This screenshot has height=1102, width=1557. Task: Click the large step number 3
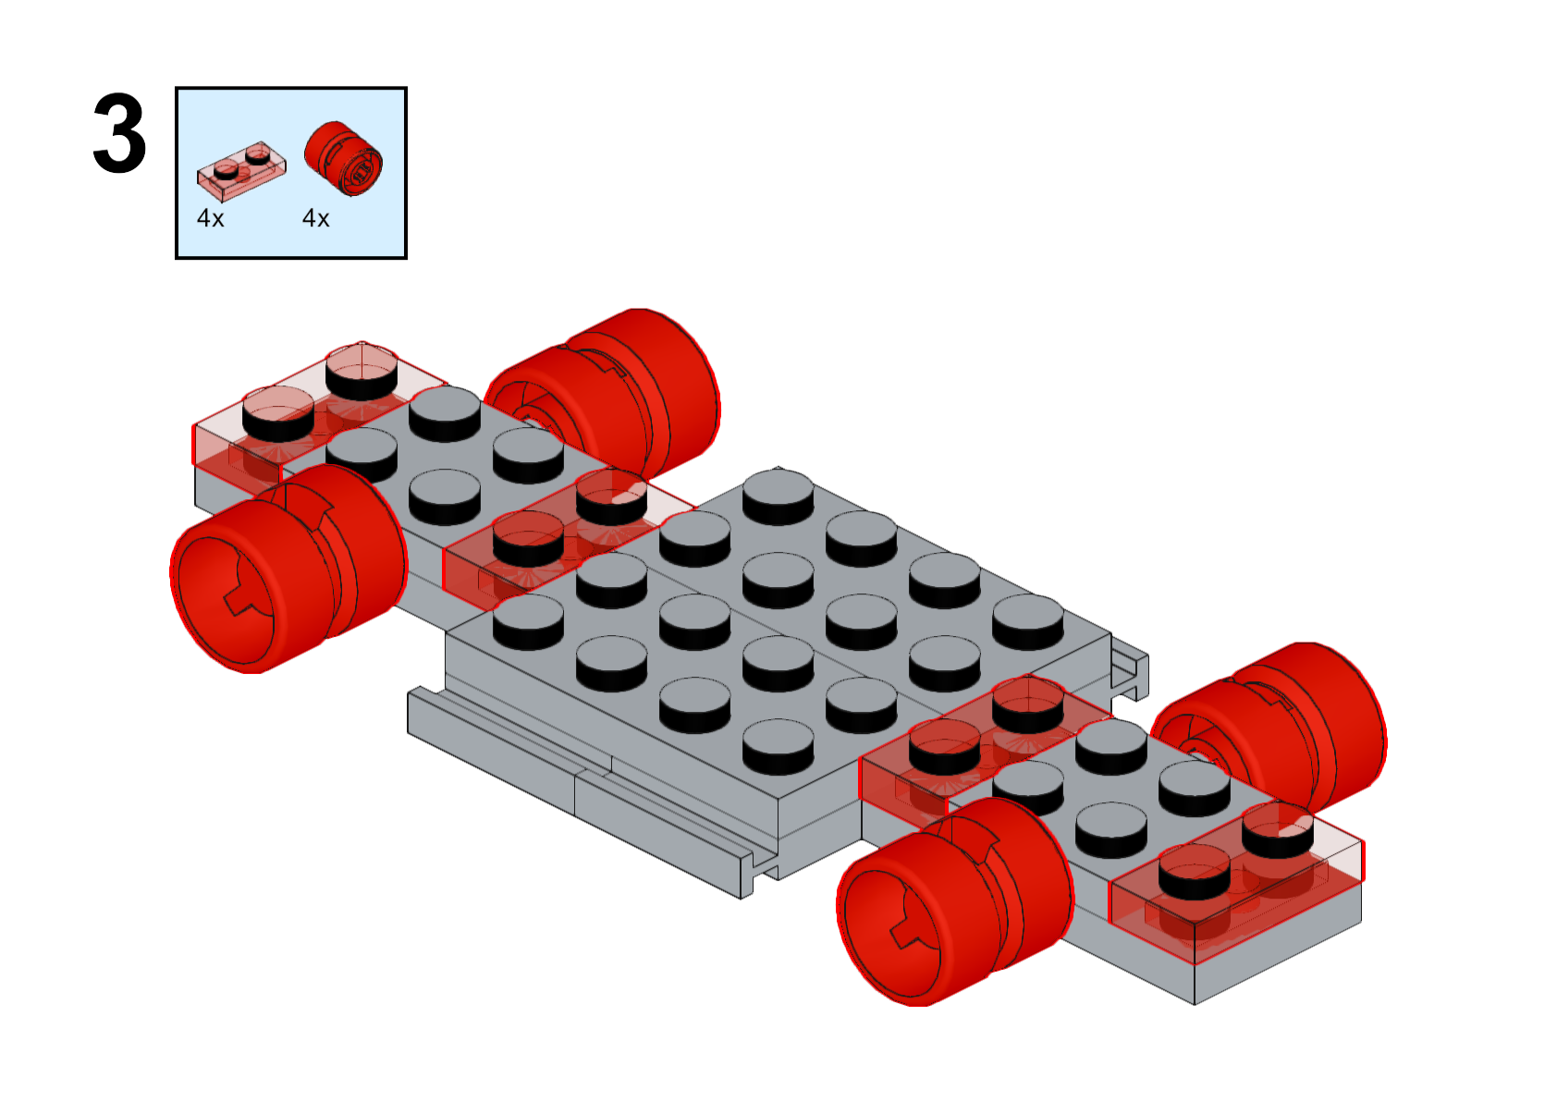pyautogui.click(x=119, y=133)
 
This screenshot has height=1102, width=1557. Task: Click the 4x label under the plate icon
pyautogui.click(x=211, y=218)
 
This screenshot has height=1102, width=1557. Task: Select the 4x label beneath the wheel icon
pyautogui.click(x=315, y=218)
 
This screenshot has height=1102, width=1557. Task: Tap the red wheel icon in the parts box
pyautogui.click(x=343, y=158)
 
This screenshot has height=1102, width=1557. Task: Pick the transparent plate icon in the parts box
pyautogui.click(x=241, y=171)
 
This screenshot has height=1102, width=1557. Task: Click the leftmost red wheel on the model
pyautogui.click(x=288, y=569)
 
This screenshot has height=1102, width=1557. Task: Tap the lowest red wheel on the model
pyautogui.click(x=955, y=902)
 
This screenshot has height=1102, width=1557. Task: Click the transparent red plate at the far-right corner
pyautogui.click(x=1237, y=883)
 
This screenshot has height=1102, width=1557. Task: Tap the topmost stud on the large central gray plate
pyautogui.click(x=778, y=497)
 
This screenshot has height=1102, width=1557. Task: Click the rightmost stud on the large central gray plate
pyautogui.click(x=1028, y=622)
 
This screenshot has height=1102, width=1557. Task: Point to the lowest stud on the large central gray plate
pyautogui.click(x=778, y=748)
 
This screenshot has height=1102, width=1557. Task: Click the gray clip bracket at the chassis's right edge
pyautogui.click(x=1130, y=670)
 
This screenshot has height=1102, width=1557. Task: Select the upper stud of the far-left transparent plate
pyautogui.click(x=362, y=371)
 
